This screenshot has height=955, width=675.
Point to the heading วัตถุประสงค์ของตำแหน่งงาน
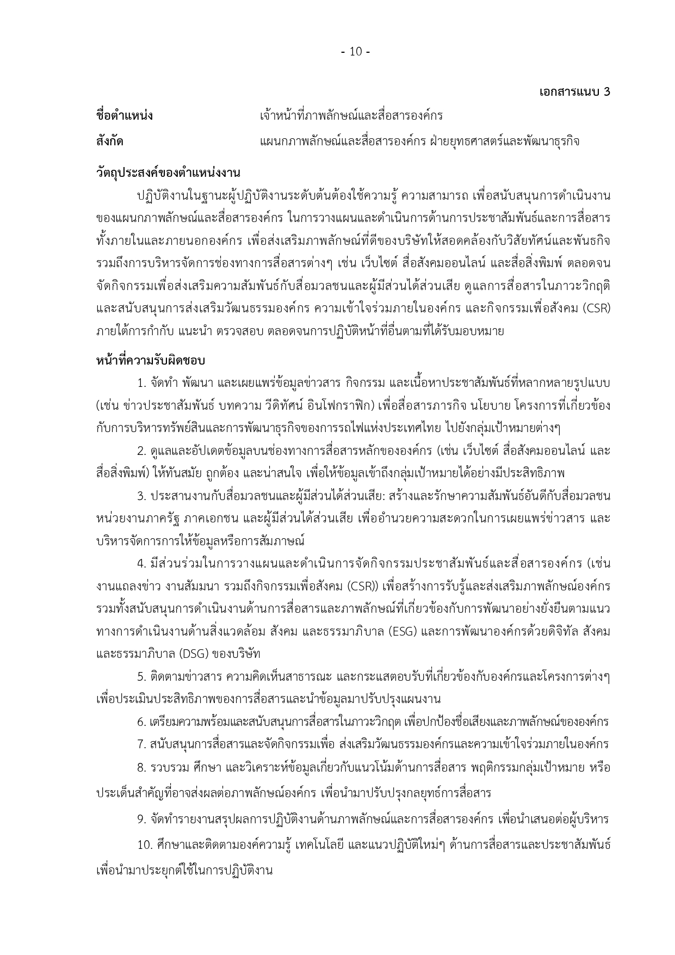point(168,172)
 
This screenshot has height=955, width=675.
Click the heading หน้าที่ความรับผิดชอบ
point(150,360)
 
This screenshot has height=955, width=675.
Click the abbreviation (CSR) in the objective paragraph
point(596,309)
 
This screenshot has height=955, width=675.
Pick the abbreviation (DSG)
point(187,654)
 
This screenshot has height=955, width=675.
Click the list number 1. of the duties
point(141,383)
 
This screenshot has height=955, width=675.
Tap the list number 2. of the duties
point(141,451)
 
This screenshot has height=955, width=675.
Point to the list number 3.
point(141,496)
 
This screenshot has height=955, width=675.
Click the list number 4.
point(141,564)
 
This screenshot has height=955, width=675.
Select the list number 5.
point(141,677)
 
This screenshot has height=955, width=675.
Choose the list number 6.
point(141,722)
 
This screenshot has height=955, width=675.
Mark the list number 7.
point(141,744)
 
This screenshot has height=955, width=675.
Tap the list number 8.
point(141,768)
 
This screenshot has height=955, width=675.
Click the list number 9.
point(141,820)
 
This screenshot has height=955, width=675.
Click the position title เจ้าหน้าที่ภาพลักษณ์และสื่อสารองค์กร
point(351,116)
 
